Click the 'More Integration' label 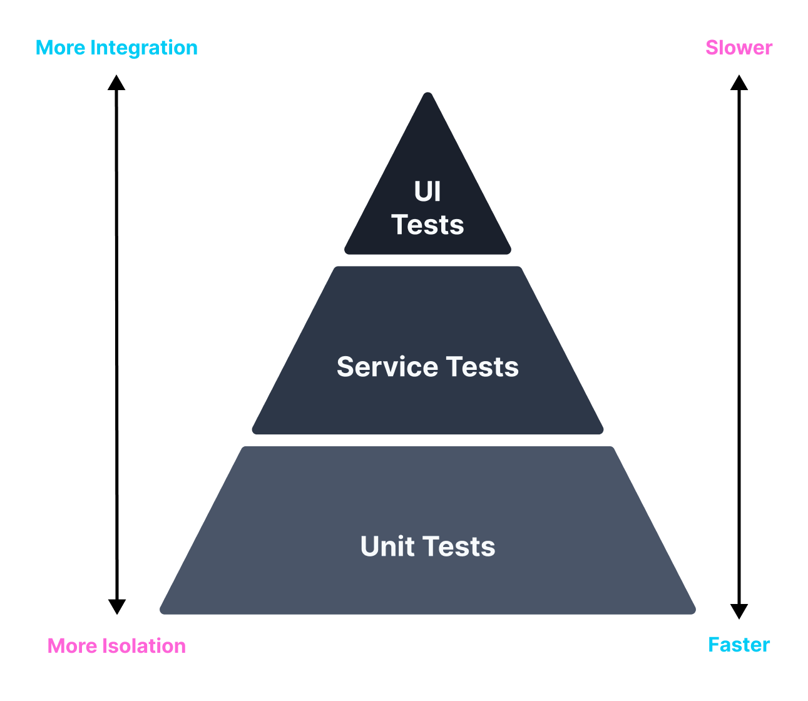click(x=116, y=48)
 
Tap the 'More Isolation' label click(x=116, y=646)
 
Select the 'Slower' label click(x=739, y=48)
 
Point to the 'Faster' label click(x=739, y=645)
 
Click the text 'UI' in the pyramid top click(x=427, y=192)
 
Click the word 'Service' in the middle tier click(x=387, y=367)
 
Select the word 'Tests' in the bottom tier click(x=459, y=546)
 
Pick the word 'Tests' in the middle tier click(x=482, y=367)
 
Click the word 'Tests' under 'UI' click(x=427, y=225)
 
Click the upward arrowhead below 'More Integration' click(x=116, y=83)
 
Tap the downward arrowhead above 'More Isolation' click(x=117, y=607)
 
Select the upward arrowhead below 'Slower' click(x=739, y=83)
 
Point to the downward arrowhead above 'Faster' click(x=739, y=611)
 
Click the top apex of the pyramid click(x=427, y=93)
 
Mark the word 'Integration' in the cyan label click(x=144, y=48)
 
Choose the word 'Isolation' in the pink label click(x=144, y=646)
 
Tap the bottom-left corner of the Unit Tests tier click(x=161, y=613)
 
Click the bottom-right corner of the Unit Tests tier click(x=694, y=613)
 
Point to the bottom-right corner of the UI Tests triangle click(x=510, y=252)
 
